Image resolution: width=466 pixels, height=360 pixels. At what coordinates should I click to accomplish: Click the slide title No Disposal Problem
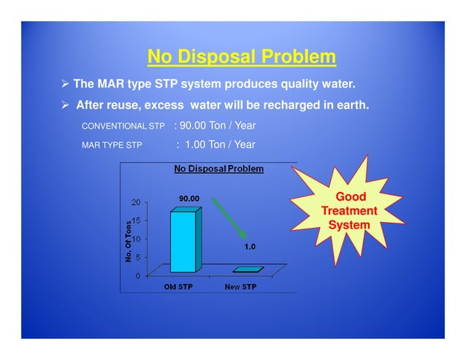(x=241, y=57)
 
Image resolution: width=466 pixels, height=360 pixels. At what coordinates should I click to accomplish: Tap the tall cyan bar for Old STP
(x=183, y=241)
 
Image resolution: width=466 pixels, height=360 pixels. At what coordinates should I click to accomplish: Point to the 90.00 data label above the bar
(x=190, y=198)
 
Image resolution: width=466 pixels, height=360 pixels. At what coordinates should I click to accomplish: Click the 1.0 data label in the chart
(x=250, y=247)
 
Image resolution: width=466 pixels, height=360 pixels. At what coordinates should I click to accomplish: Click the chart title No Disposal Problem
(x=218, y=169)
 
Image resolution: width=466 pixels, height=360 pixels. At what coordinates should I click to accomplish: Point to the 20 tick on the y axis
(x=137, y=202)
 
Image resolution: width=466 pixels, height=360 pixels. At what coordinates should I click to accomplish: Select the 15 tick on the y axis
(x=137, y=220)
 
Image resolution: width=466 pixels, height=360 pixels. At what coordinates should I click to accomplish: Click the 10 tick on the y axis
(x=137, y=239)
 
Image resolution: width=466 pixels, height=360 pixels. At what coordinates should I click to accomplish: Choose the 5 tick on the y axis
(x=139, y=257)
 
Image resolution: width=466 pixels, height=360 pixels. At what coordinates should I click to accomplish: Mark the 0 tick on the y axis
(x=139, y=275)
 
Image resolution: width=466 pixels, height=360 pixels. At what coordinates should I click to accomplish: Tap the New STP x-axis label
(x=240, y=287)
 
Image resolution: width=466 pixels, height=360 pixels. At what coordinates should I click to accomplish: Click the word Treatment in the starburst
(x=349, y=211)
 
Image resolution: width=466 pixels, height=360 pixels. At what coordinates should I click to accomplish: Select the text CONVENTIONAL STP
(x=123, y=126)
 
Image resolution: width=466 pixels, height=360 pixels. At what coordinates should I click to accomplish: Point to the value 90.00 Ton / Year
(x=217, y=126)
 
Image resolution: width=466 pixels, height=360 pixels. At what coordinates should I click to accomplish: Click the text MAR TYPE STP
(x=111, y=145)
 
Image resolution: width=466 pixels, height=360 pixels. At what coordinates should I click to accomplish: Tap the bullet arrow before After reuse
(x=64, y=105)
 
